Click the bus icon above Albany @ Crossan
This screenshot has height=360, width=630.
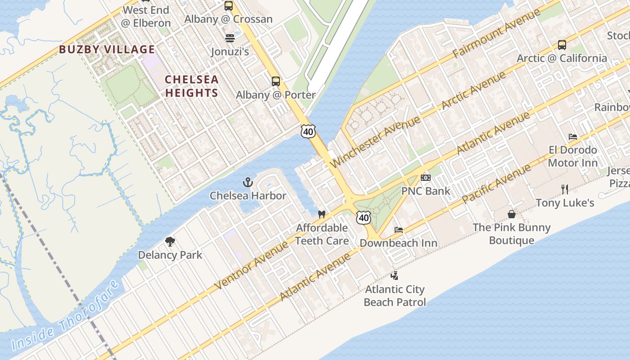[229, 6]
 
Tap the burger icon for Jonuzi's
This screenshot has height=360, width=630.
[230, 38]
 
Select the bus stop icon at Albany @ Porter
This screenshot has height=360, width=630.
[276, 81]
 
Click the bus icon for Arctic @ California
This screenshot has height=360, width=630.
[562, 45]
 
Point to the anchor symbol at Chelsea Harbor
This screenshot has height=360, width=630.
[247, 182]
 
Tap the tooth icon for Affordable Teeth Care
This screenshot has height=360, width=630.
[321, 214]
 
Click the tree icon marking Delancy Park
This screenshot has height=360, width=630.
[170, 242]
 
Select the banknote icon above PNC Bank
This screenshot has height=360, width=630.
[425, 178]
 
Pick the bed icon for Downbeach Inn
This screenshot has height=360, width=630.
[399, 230]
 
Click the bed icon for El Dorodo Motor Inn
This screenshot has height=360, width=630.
[573, 137]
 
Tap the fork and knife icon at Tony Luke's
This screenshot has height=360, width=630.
[565, 189]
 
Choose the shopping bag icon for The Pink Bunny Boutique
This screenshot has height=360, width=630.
[512, 214]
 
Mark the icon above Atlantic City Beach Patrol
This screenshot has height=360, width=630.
[395, 275]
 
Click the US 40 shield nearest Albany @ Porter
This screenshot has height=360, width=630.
[308, 131]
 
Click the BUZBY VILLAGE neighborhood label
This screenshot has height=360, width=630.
[107, 49]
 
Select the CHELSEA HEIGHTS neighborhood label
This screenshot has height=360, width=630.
[192, 86]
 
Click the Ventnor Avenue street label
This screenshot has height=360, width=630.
[251, 265]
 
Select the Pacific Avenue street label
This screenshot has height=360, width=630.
[496, 184]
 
